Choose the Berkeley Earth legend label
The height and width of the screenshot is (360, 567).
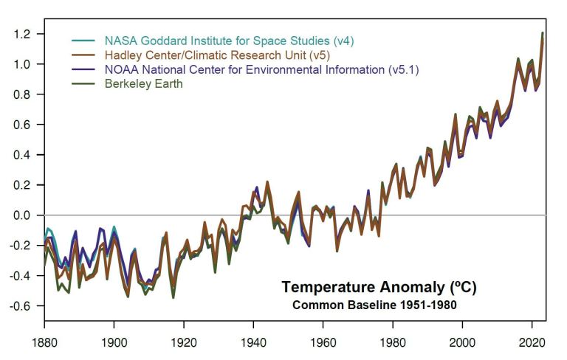[x=144, y=84]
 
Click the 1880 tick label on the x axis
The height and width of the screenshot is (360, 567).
[x=44, y=344]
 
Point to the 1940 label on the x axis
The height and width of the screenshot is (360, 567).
[x=253, y=344]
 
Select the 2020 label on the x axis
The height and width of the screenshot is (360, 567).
[x=532, y=344]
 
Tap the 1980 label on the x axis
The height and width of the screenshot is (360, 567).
[x=393, y=344]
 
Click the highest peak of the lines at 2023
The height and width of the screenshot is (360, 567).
[x=543, y=33]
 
